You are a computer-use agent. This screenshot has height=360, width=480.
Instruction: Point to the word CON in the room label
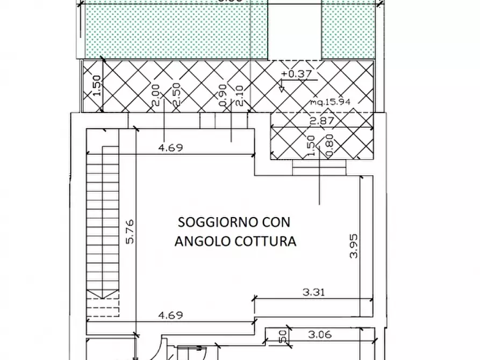click(277, 222)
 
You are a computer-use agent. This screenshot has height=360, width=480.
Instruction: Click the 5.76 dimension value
click(130, 232)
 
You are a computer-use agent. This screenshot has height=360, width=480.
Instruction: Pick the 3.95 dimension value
click(354, 246)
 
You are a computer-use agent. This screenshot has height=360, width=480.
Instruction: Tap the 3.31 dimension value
click(314, 293)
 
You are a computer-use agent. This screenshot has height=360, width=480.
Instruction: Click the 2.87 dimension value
click(322, 121)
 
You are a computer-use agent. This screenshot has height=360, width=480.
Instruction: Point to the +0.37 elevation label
click(296, 74)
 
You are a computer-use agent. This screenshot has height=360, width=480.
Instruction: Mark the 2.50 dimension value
click(176, 95)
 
